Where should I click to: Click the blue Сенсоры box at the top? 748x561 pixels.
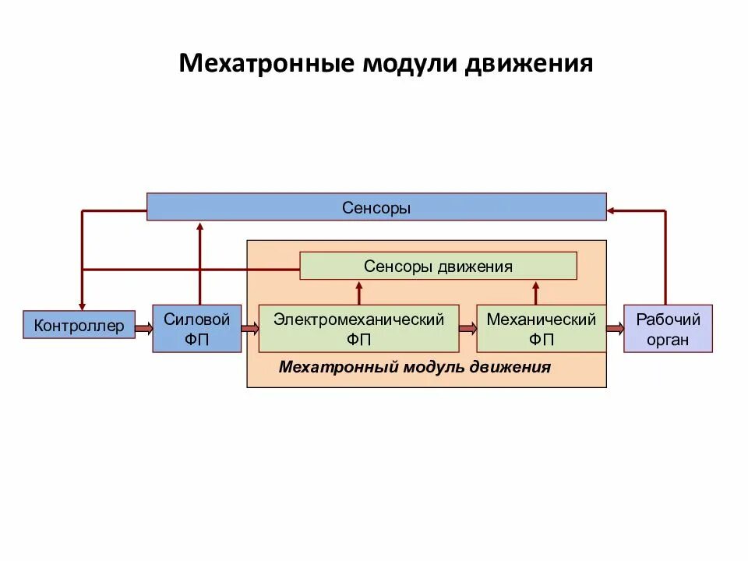376,207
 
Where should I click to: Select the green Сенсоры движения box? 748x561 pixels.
438,266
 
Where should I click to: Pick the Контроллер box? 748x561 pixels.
79,326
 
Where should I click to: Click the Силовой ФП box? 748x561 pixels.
196,329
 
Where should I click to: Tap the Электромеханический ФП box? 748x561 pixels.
358,329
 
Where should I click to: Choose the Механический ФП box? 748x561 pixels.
541,329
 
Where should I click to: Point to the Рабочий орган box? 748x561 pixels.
668,329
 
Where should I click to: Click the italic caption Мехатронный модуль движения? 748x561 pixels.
415,367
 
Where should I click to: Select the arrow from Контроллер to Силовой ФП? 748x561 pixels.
143,329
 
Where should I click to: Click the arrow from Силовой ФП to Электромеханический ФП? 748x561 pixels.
250,329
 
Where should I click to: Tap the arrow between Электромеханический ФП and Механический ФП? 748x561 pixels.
467,329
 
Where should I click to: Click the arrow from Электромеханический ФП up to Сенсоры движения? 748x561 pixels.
359,292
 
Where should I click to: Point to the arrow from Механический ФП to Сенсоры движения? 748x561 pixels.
536,292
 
